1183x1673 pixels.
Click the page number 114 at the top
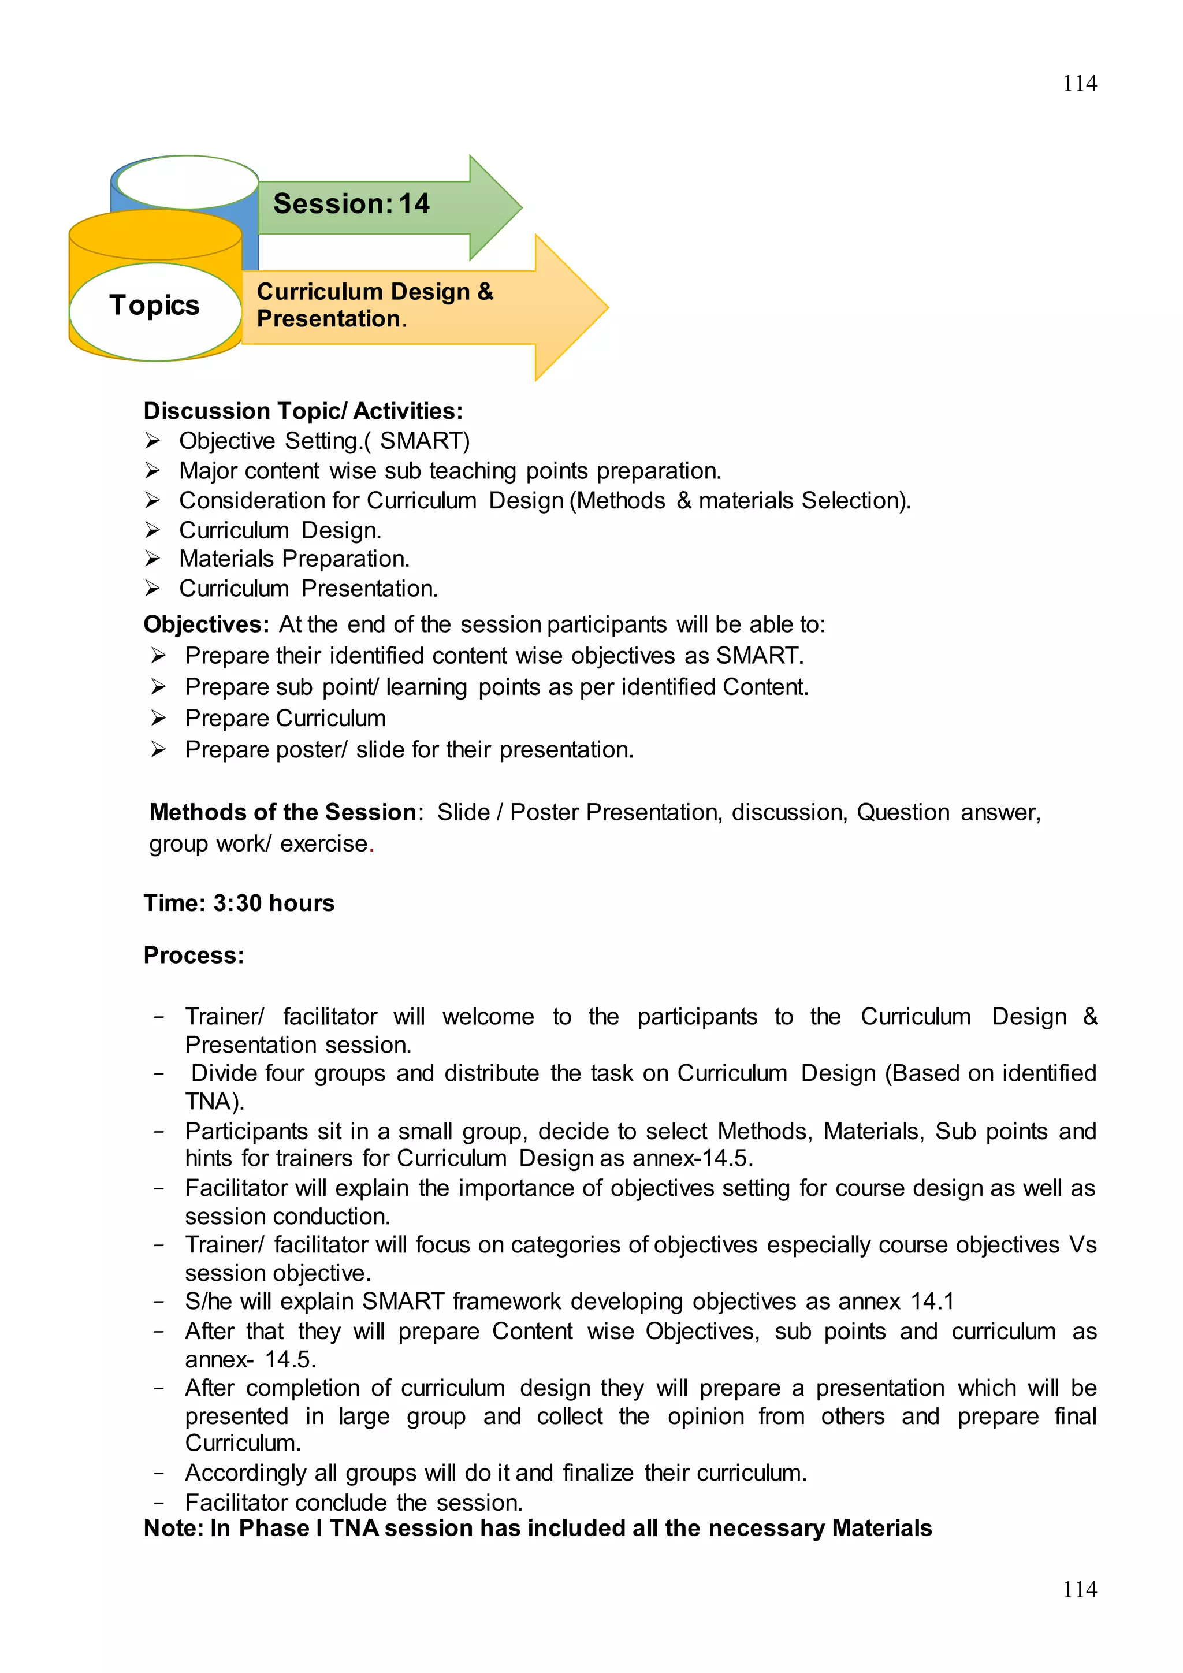(1079, 84)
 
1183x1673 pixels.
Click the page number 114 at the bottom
(1079, 1589)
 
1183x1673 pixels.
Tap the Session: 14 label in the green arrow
(351, 204)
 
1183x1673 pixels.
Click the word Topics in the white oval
(154, 305)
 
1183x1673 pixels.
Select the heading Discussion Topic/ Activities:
(303, 411)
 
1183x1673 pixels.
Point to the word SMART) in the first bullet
(425, 441)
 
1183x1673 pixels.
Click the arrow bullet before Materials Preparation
(152, 559)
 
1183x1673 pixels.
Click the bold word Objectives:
(206, 624)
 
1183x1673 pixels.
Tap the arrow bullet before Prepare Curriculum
(158, 719)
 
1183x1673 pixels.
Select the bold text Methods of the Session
(282, 812)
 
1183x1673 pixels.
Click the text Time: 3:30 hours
(239, 903)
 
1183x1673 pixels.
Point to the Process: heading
(194, 956)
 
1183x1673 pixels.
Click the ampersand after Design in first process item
(1090, 1017)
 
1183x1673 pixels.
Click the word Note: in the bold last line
(173, 1527)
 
